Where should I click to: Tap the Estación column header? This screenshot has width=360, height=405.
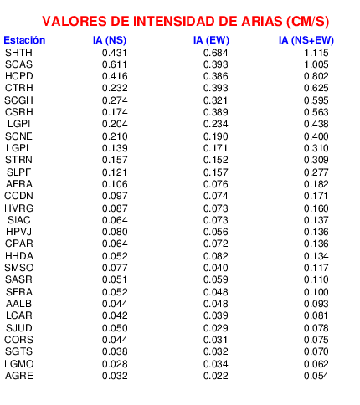tap(24, 40)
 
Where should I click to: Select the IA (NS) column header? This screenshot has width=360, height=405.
tap(110, 40)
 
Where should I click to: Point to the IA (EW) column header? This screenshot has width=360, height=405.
tap(211, 40)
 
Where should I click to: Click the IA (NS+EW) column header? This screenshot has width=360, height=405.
tap(306, 40)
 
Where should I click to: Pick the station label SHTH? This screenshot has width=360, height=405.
tap(18, 53)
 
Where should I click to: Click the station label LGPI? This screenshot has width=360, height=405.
tap(18, 124)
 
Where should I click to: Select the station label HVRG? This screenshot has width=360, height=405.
tap(18, 208)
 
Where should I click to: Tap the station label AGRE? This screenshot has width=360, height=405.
tap(19, 376)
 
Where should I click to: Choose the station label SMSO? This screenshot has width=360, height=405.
tap(18, 268)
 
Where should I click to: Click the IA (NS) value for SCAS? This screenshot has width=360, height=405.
tap(115, 64)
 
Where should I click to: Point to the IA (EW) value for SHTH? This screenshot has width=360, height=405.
tap(216, 53)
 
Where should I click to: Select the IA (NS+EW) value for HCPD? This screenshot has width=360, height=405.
tap(316, 76)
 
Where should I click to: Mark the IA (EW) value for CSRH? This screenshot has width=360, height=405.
tap(216, 112)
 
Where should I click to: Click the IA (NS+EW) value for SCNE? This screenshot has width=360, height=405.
tap(316, 136)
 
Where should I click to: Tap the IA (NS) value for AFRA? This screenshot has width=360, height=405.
tap(115, 184)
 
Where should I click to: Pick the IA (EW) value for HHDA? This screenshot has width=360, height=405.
tap(216, 256)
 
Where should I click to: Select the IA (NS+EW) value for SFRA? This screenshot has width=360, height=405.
tap(316, 292)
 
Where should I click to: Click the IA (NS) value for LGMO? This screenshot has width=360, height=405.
tap(115, 364)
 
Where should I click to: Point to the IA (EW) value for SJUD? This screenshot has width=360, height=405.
tap(216, 328)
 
